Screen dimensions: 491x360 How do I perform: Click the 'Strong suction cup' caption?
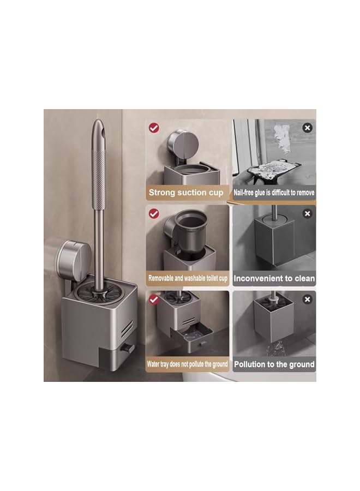[186, 193]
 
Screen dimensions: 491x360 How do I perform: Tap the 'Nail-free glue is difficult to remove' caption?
[274, 193]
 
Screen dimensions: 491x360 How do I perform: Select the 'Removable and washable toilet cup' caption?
[187, 278]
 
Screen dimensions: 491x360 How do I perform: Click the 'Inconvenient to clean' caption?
[274, 278]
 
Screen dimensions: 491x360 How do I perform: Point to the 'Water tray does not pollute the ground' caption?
[187, 364]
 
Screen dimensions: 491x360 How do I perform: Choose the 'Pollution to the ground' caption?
[274, 364]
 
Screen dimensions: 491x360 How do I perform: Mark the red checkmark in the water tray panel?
[153, 298]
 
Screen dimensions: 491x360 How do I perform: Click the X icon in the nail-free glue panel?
[307, 128]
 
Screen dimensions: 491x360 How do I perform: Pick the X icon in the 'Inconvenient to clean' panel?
[307, 213]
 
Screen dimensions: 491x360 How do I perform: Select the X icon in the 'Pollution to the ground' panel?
[307, 299]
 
